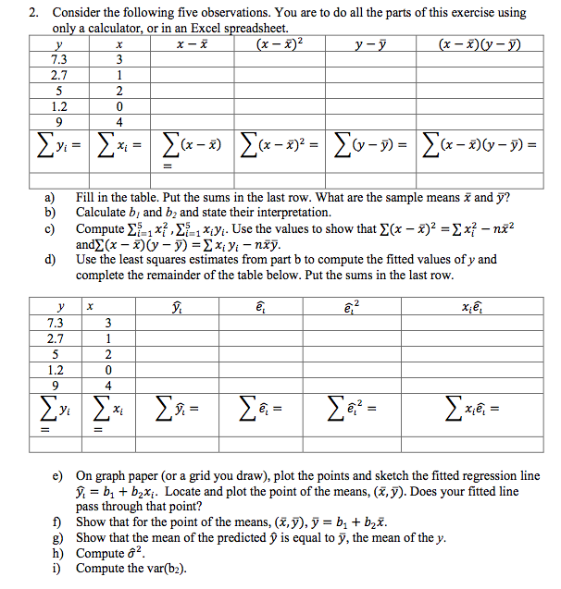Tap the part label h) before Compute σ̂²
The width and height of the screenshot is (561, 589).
(57, 554)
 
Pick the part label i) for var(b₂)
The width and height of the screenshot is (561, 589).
(56, 569)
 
